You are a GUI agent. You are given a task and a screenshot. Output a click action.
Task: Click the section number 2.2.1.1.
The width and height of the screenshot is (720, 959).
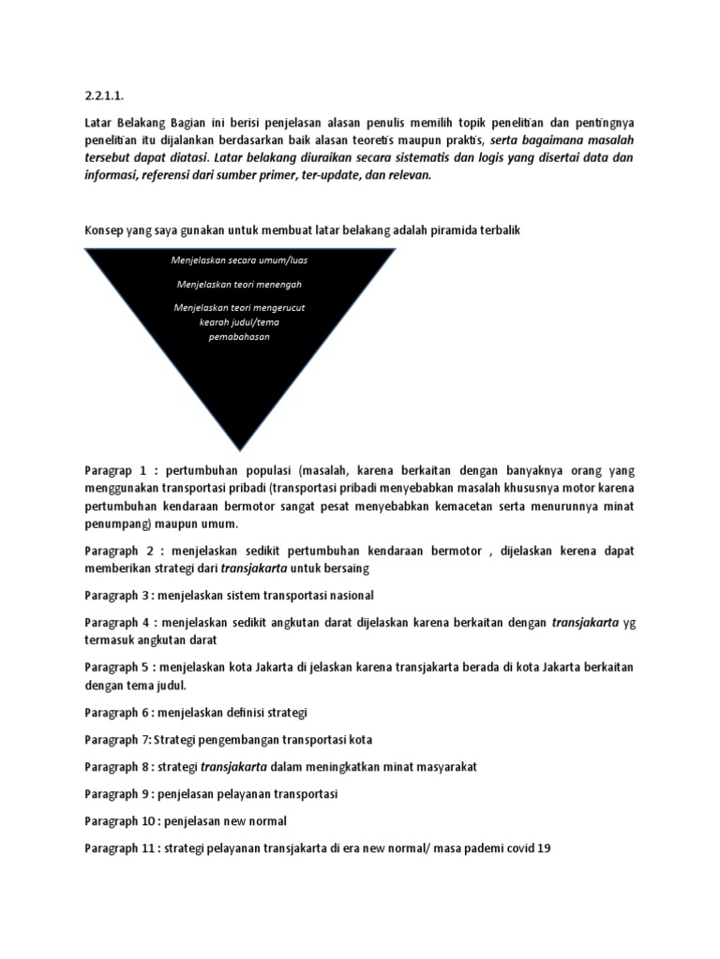[102, 95]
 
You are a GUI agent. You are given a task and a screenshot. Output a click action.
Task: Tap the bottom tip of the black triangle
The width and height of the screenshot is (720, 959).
[240, 448]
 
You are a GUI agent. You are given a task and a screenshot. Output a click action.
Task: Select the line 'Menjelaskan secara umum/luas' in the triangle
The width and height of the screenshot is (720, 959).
[240, 260]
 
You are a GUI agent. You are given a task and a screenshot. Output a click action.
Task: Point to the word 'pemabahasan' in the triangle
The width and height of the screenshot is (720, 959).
[239, 336]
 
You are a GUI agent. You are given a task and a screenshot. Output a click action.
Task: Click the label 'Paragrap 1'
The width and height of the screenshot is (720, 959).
[117, 471]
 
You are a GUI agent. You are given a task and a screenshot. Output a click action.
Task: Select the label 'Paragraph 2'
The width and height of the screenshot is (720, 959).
[120, 550]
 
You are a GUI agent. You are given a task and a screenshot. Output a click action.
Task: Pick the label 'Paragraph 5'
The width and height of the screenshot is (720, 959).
[120, 667]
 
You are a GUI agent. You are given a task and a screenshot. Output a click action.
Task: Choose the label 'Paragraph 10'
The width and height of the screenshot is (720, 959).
[123, 820]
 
